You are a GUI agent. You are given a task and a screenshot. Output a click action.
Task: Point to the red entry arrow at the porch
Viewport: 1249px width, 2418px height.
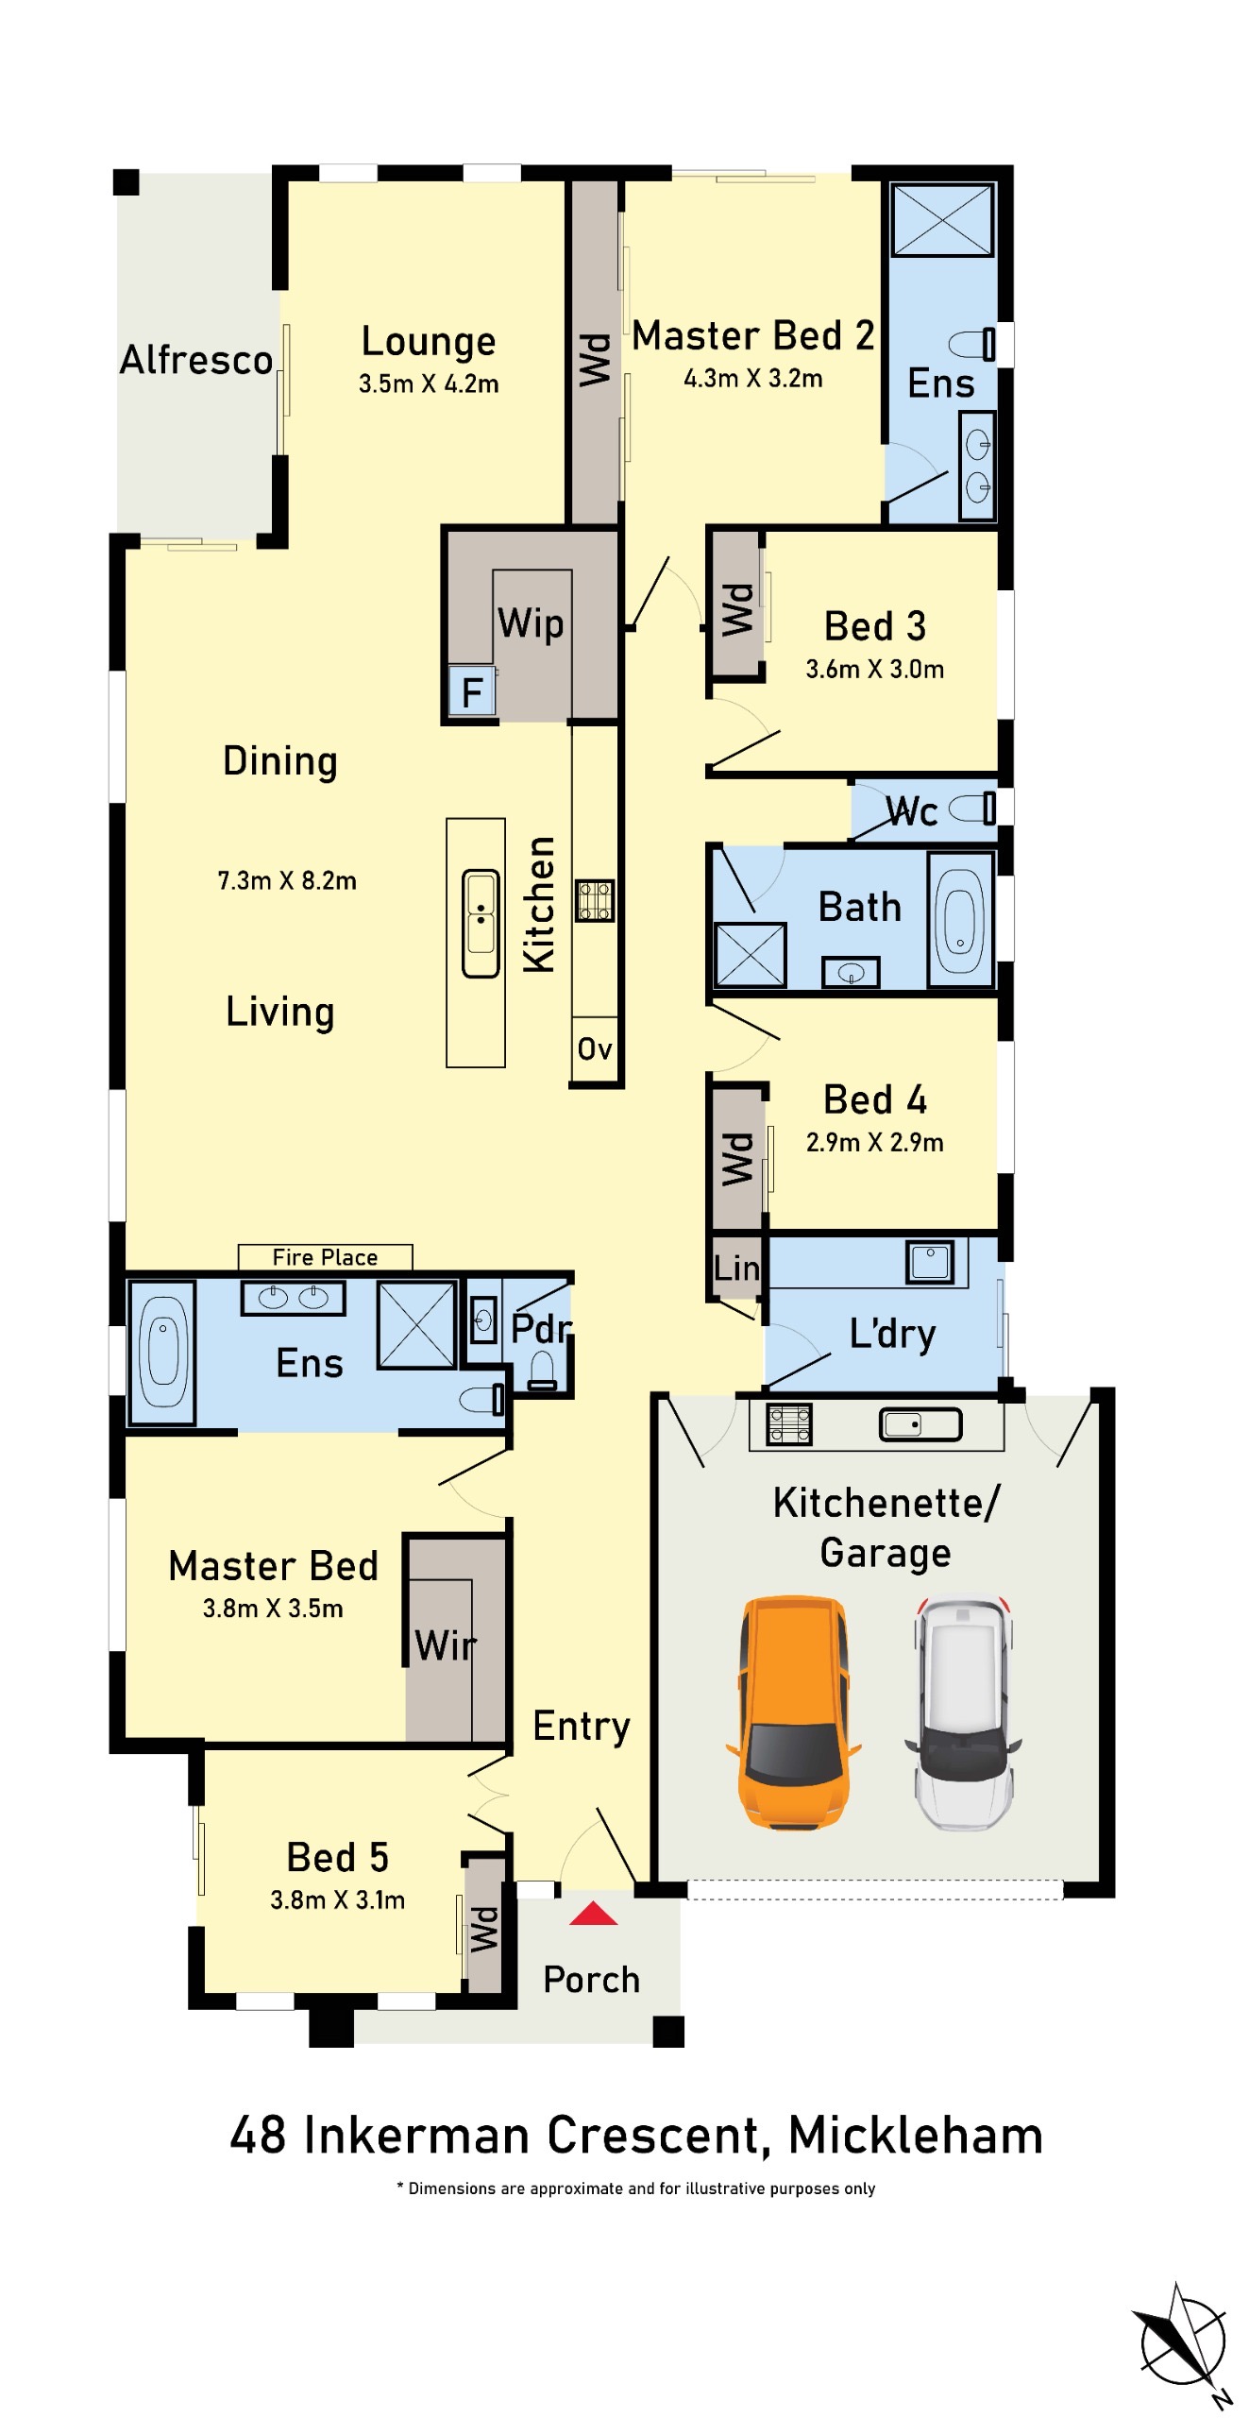click(593, 1913)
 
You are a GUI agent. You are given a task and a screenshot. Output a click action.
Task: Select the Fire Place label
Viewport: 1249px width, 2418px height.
click(325, 1257)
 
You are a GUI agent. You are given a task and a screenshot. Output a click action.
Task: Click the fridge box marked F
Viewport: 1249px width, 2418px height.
click(471, 692)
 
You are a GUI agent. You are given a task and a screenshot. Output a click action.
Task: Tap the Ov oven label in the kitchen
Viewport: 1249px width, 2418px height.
click(595, 1048)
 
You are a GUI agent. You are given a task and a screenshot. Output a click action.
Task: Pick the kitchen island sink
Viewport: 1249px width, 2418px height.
click(481, 923)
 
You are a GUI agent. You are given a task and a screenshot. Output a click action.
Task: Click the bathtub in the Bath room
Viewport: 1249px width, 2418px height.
click(960, 920)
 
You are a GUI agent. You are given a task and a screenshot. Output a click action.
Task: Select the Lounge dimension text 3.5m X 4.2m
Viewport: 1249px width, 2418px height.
click(429, 383)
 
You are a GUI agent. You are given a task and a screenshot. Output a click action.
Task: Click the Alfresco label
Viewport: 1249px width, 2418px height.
click(196, 360)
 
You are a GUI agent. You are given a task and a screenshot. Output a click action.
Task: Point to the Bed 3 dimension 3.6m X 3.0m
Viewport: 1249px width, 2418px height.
click(875, 669)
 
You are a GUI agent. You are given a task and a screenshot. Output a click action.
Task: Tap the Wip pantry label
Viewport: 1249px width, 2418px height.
click(531, 623)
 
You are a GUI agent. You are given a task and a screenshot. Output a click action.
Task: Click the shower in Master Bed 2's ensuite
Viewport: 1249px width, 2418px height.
click(943, 220)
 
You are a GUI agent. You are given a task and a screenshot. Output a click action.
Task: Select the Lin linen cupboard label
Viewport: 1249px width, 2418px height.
click(736, 1268)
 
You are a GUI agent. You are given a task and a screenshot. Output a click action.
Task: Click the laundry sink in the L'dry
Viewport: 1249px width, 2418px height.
click(930, 1261)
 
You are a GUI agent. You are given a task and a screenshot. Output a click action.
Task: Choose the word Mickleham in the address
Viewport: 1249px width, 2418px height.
click(916, 2136)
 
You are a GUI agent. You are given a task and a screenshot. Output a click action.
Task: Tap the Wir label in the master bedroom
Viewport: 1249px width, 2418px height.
click(446, 1645)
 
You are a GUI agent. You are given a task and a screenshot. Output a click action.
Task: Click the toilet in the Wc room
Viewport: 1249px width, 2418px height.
click(971, 808)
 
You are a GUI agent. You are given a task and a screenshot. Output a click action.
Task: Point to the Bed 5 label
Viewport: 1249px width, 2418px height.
click(338, 1857)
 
